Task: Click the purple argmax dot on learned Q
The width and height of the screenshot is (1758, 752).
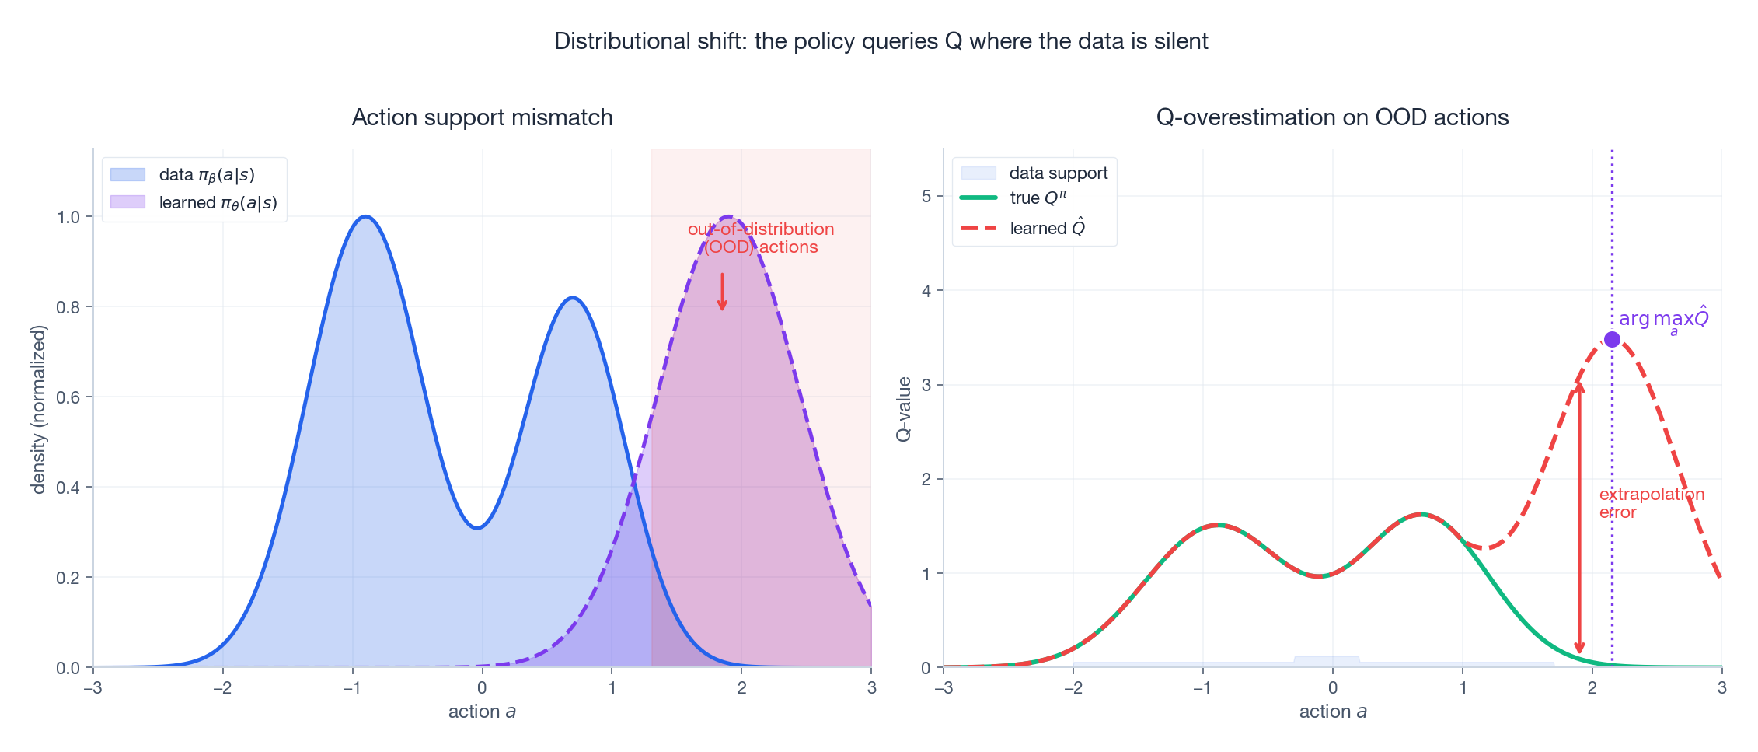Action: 1612,339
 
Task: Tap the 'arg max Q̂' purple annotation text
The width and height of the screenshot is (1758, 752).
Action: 1663,320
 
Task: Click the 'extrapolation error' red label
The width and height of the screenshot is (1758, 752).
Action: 1651,503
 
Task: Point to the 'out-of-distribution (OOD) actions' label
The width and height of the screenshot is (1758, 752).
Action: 760,238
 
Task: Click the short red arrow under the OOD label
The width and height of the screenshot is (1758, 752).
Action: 722,292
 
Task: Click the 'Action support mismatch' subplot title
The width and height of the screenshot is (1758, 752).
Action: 482,117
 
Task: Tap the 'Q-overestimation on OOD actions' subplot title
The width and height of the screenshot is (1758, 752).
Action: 1332,117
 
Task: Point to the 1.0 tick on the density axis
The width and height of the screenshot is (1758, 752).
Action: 68,217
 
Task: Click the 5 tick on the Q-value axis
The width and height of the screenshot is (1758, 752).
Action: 926,196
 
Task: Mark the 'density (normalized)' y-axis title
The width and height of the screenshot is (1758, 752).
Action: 39,409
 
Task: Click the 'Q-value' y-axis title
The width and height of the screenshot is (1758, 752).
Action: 903,409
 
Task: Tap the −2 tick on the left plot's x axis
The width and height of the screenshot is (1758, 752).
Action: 222,687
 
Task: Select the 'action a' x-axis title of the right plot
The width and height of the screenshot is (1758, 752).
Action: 1332,712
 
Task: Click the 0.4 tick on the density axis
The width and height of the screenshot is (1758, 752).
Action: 68,488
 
